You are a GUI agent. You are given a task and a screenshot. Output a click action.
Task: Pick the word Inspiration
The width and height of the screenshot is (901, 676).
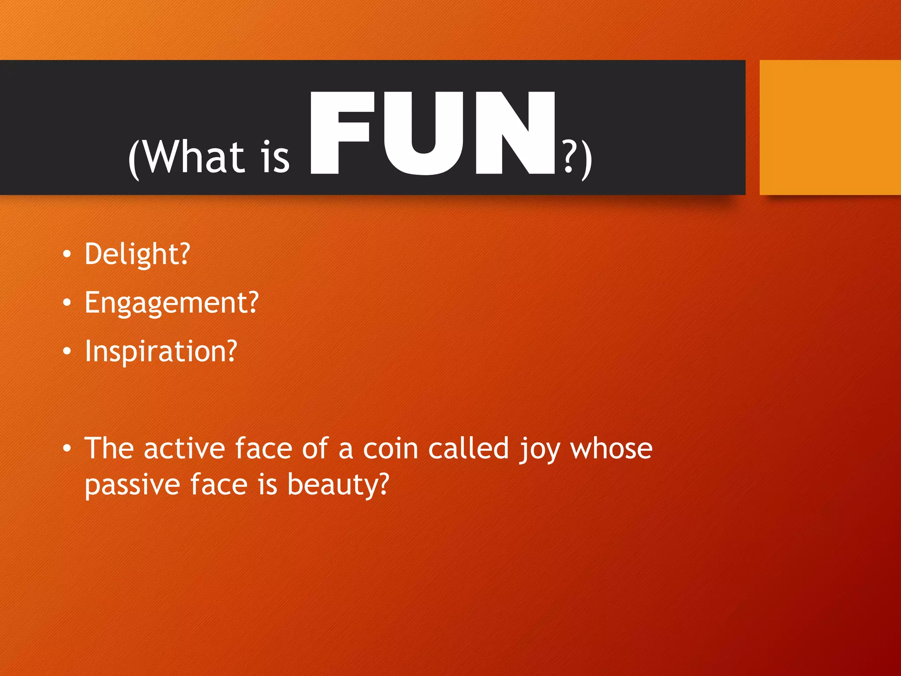point(161,351)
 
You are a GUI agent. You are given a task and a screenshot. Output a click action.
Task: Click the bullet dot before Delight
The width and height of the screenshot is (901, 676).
point(66,254)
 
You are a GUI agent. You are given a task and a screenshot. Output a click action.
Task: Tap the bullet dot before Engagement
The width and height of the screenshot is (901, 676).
point(66,303)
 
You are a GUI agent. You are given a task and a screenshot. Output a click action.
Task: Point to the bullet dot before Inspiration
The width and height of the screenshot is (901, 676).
point(66,351)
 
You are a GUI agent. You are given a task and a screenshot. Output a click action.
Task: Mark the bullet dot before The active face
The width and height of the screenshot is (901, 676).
point(66,448)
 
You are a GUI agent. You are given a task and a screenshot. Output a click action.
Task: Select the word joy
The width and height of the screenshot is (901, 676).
point(539,450)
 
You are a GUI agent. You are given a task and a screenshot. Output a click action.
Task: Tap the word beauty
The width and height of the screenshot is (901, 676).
point(338,485)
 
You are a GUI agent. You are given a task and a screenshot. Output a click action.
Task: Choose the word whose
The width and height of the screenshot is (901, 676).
point(611,449)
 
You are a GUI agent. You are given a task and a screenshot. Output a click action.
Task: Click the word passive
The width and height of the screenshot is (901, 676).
point(132,485)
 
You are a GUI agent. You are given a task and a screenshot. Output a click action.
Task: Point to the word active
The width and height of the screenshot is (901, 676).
point(185,449)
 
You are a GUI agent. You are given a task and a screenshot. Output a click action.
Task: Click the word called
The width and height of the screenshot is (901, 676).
point(469,449)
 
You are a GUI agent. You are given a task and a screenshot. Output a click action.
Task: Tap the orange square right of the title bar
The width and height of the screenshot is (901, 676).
point(830,127)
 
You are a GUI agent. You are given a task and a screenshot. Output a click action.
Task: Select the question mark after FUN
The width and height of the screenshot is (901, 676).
point(570,157)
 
